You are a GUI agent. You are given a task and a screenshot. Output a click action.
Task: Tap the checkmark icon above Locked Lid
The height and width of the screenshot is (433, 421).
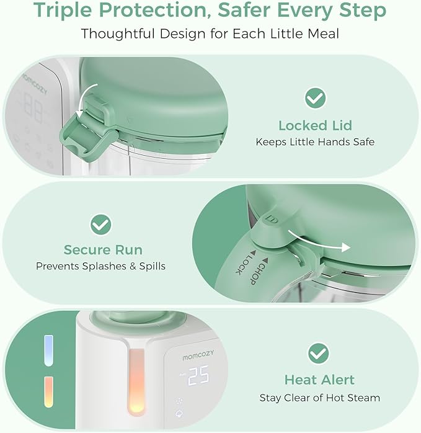(x=315, y=97)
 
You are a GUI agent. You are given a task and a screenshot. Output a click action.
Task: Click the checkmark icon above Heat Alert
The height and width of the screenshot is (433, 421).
(x=319, y=354)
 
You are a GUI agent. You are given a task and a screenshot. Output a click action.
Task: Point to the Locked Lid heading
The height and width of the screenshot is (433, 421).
(x=315, y=125)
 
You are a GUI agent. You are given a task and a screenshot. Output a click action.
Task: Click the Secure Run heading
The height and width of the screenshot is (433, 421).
(x=103, y=250)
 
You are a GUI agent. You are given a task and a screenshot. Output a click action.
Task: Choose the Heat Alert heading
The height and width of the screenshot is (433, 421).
(x=319, y=380)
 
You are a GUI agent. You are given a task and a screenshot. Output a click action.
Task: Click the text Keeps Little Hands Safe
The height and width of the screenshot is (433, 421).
(x=315, y=142)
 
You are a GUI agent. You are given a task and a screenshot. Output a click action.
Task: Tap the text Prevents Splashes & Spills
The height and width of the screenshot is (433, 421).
(x=100, y=266)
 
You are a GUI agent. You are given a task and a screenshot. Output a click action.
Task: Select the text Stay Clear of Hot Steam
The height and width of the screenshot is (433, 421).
(x=319, y=397)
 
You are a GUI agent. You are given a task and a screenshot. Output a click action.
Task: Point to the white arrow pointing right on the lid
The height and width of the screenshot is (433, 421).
(x=327, y=246)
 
